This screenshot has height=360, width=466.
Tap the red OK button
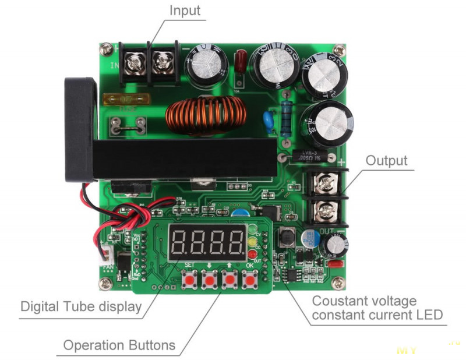[x=250, y=281]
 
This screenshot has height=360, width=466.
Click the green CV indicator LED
[x=252, y=228]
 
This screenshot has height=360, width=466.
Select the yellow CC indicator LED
[x=252, y=240]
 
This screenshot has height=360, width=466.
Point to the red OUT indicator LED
[x=252, y=253]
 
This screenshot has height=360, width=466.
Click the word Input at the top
[x=185, y=10]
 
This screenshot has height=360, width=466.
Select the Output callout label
[x=387, y=161]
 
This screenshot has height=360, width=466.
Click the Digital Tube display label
[x=81, y=306]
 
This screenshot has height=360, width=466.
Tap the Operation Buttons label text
[x=119, y=345]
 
